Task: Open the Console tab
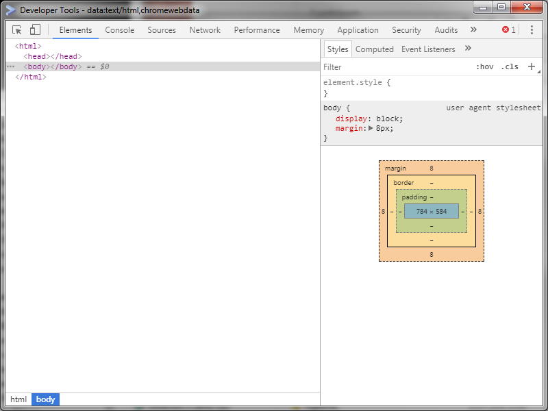pyautogui.click(x=119, y=30)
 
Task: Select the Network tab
pyautogui.click(x=205, y=30)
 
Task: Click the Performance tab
pyautogui.click(x=257, y=30)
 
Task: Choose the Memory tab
pyautogui.click(x=309, y=30)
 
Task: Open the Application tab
pyautogui.click(x=358, y=30)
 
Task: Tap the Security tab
pyautogui.click(x=406, y=30)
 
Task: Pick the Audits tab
pyautogui.click(x=446, y=30)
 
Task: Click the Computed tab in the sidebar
pyautogui.click(x=374, y=49)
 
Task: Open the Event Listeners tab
pyautogui.click(x=428, y=49)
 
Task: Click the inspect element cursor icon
pyautogui.click(x=16, y=29)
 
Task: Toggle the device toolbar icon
pyautogui.click(x=35, y=29)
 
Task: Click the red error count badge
pyautogui.click(x=508, y=29)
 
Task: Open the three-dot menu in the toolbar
pyautogui.click(x=532, y=29)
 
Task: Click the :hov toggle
pyautogui.click(x=485, y=66)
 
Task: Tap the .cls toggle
pyautogui.click(x=510, y=66)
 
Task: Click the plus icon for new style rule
pyautogui.click(x=532, y=66)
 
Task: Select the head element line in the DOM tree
pyautogui.click(x=53, y=56)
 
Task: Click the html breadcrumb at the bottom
pyautogui.click(x=18, y=399)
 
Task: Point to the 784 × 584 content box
pyautogui.click(x=432, y=211)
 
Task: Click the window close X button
pyautogui.click(x=527, y=7)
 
